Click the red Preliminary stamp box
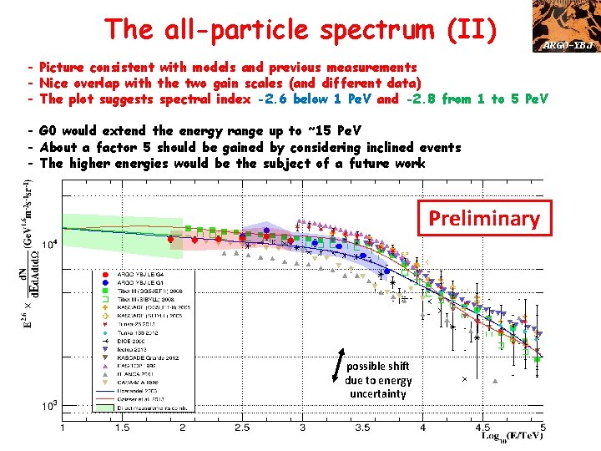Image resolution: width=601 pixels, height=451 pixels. (484, 219)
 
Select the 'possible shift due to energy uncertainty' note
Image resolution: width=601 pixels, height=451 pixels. (378, 380)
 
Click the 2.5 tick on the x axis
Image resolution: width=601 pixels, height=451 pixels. (242, 428)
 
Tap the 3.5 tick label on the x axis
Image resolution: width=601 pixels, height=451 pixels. (362, 428)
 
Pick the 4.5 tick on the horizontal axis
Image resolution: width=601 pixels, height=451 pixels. (482, 428)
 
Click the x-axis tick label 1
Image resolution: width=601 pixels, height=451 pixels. (63, 428)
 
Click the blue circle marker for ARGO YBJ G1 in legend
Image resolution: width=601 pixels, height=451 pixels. (104, 282)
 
